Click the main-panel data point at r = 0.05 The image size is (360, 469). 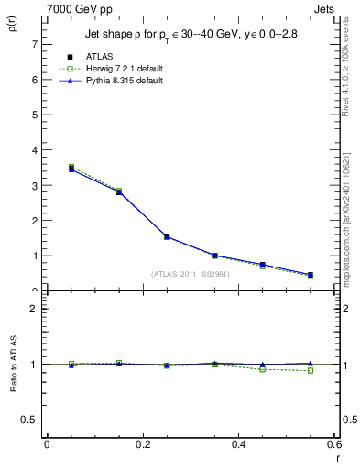pyautogui.click(x=71, y=169)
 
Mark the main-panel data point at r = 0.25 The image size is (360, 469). pyautogui.click(x=167, y=236)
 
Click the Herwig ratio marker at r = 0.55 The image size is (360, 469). pyautogui.click(x=311, y=371)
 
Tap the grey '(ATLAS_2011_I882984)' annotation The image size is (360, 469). pyautogui.click(x=191, y=274)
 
